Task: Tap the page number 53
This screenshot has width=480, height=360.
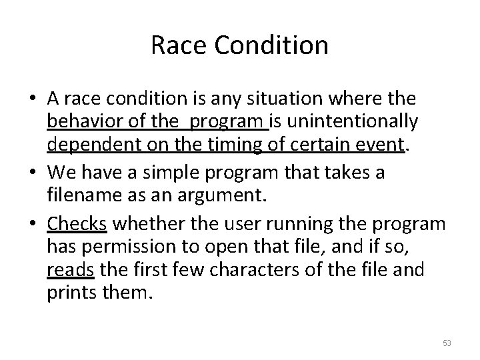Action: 447,343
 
